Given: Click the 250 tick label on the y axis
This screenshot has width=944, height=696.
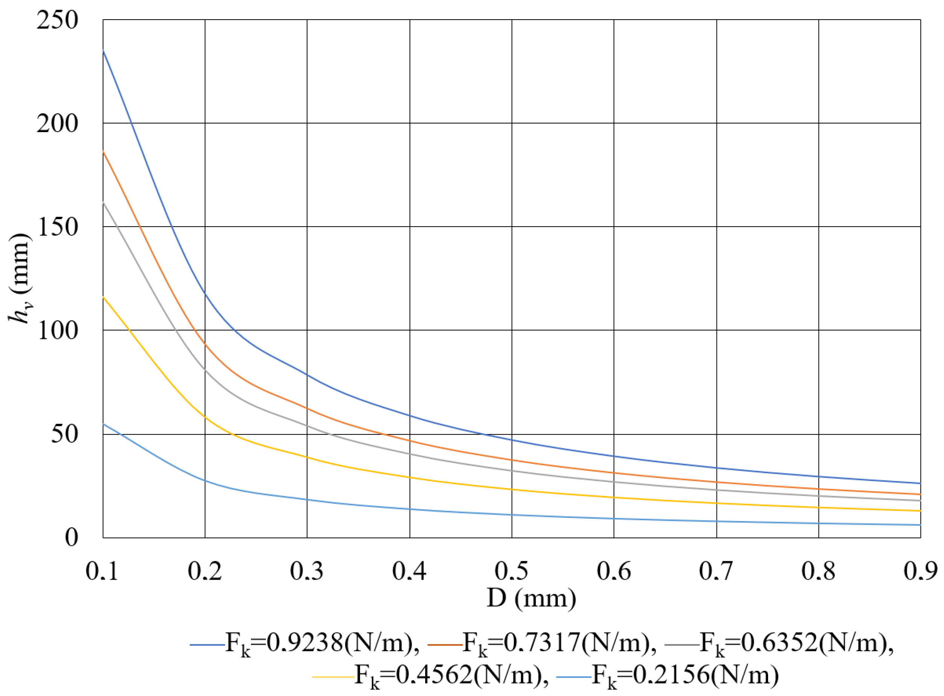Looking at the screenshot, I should [x=57, y=20].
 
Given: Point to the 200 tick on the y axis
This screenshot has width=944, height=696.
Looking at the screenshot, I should [x=57, y=124].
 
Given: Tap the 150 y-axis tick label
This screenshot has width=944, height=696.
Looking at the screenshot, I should [x=57, y=227].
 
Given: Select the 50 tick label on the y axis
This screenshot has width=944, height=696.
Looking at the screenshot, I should [x=64, y=434].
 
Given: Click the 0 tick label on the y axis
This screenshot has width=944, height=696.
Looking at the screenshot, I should [x=72, y=538].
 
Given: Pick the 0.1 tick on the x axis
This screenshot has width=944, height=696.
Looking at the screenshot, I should [x=102, y=571].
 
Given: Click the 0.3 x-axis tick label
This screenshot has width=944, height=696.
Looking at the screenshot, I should [x=307, y=571].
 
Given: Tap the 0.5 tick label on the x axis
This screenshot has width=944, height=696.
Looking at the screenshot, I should [x=512, y=571].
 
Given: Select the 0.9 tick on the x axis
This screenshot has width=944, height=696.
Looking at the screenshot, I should [x=921, y=571].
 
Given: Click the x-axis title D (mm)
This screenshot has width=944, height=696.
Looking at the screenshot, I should [x=531, y=599].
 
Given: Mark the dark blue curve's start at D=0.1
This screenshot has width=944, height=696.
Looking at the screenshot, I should [x=103, y=50].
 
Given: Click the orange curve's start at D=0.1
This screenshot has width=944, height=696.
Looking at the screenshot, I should [x=103, y=151].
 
